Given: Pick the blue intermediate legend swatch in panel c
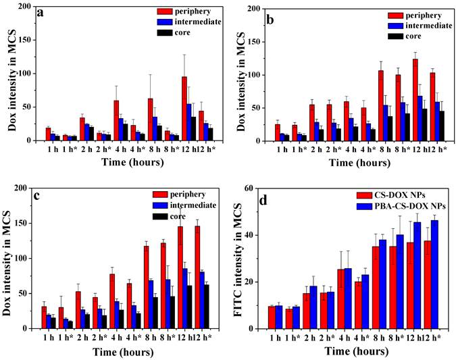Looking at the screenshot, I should pyautogui.click(x=162, y=205).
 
